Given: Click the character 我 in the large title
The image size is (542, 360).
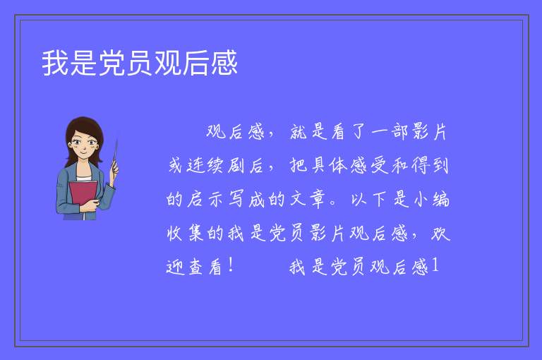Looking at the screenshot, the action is coord(55,63).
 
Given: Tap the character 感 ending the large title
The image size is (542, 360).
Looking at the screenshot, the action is coord(224,63).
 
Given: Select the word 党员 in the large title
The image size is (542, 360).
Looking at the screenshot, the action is coord(126,63).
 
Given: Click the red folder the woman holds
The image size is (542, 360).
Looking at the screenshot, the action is coord(83,195).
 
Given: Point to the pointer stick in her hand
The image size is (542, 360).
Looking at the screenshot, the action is coord(115,156).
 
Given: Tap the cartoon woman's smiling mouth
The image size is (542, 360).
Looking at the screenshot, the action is coord(83,151).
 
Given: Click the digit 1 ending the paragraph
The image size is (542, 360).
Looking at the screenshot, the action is coord(435,266).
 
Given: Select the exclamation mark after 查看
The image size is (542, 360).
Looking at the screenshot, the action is coord(231,266).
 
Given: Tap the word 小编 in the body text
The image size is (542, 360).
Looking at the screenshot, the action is coord(430,199).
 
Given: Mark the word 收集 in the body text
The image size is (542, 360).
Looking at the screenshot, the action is coord(185,232).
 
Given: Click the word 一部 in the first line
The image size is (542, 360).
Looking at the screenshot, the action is coord(390,132).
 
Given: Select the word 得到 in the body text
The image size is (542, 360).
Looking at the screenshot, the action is coord(430,165).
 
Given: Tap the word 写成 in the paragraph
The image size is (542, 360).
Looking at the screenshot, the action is coord(246,199).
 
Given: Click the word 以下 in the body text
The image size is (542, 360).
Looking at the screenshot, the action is coord(369,199).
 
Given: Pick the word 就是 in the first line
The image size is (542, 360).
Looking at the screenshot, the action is coord(308,132).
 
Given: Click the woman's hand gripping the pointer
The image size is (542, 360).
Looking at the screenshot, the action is coord(114,168).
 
